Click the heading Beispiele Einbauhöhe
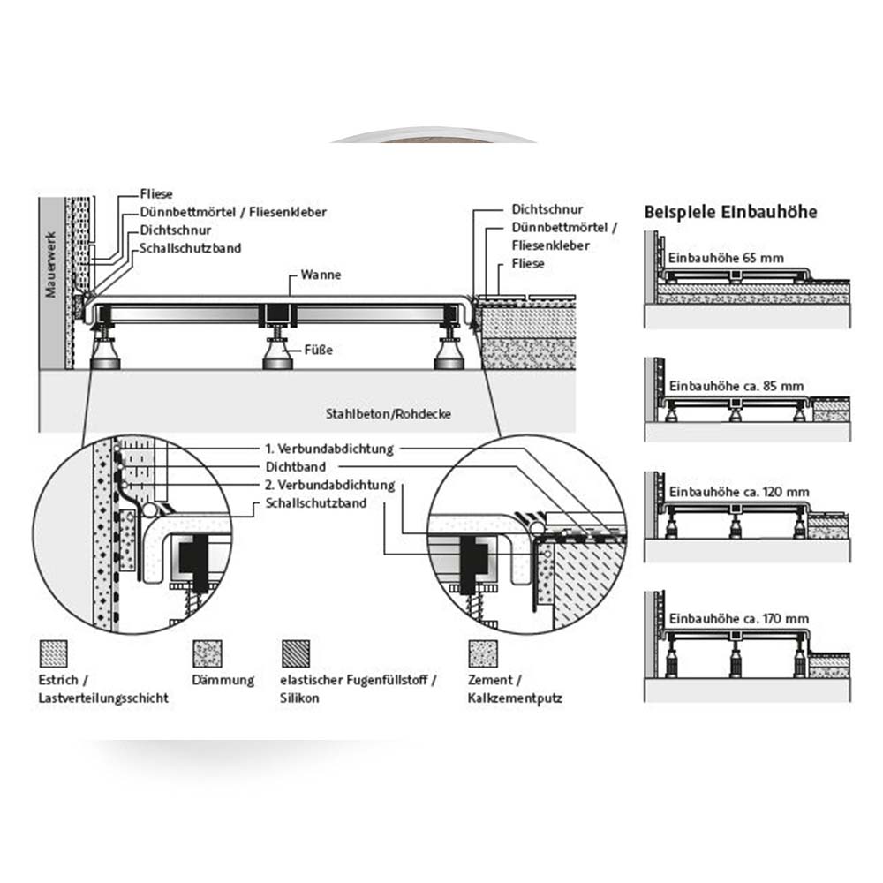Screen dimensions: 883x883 click(x=730, y=212)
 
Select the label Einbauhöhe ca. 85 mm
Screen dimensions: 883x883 click(x=736, y=386)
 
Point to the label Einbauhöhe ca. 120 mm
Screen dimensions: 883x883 click(x=738, y=491)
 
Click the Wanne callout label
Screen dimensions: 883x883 click(x=320, y=275)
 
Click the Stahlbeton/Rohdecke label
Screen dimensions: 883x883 click(x=388, y=413)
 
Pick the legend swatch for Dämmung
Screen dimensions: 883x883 click(x=207, y=654)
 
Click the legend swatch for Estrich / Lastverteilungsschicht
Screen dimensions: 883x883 click(x=55, y=654)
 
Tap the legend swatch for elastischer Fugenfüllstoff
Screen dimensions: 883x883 click(x=295, y=654)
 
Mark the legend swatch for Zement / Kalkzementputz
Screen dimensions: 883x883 click(x=481, y=654)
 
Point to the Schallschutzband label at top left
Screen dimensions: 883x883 click(x=190, y=249)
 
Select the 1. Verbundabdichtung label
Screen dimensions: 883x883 click(x=328, y=449)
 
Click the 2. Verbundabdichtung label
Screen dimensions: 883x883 click(x=328, y=486)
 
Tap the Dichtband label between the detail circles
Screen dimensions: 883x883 click(x=296, y=467)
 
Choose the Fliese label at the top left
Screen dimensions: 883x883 click(x=156, y=193)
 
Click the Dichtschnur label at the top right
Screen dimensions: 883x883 click(x=547, y=210)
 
